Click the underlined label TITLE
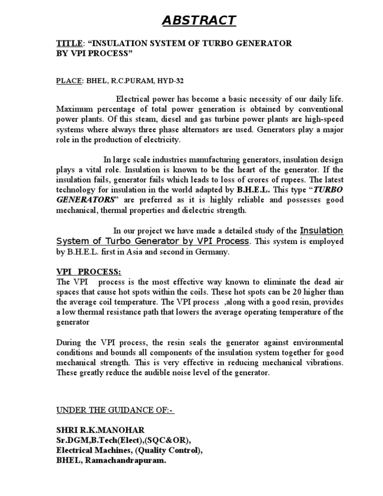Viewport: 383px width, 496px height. click(x=67, y=44)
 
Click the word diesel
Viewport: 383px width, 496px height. click(x=164, y=119)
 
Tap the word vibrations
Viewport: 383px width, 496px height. click(x=322, y=363)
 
